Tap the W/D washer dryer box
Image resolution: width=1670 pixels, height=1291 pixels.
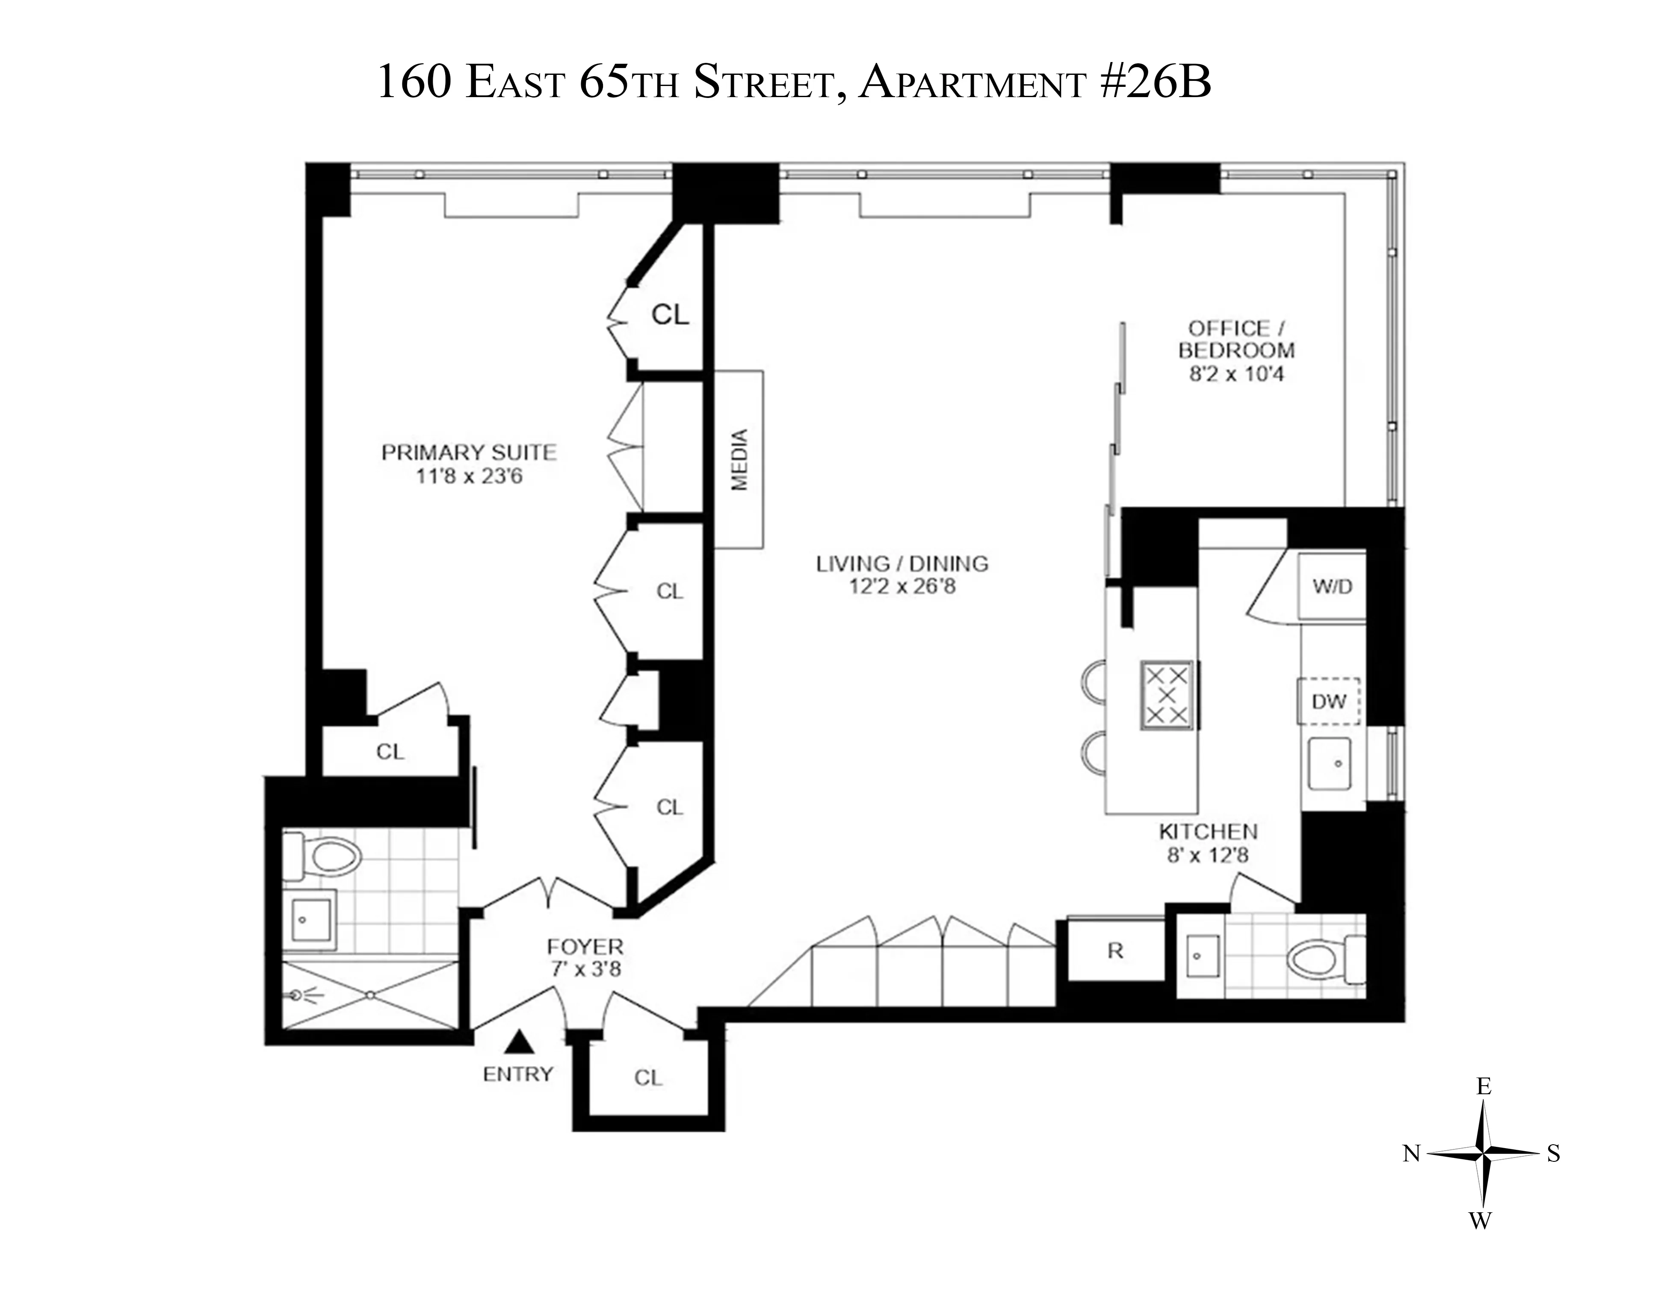click(x=1332, y=586)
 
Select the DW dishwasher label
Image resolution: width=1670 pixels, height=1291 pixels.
click(x=1328, y=702)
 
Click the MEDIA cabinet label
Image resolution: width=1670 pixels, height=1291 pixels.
click(x=739, y=460)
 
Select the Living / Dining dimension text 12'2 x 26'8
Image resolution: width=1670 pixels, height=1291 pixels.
click(x=902, y=586)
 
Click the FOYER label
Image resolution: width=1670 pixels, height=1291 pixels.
click(x=585, y=946)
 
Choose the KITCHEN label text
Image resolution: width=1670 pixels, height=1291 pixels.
click(x=1208, y=831)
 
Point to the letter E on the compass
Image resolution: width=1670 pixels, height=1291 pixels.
click(x=1484, y=1086)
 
